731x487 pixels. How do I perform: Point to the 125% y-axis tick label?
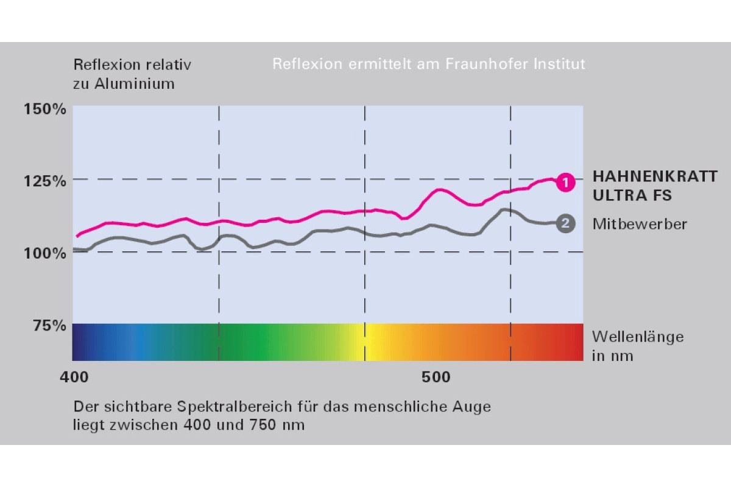tap(44, 181)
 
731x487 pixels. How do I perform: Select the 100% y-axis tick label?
tap(44, 252)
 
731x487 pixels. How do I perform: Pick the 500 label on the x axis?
tap(436, 377)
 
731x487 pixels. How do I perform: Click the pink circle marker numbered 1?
tap(565, 182)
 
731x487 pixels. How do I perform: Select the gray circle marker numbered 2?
tap(565, 223)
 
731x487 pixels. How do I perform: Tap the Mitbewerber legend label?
tap(640, 224)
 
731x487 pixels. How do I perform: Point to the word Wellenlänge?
tap(638, 337)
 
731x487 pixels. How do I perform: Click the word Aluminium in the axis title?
tap(135, 84)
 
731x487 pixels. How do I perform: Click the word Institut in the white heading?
tap(559, 63)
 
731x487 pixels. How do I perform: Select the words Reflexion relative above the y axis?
tap(132, 64)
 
